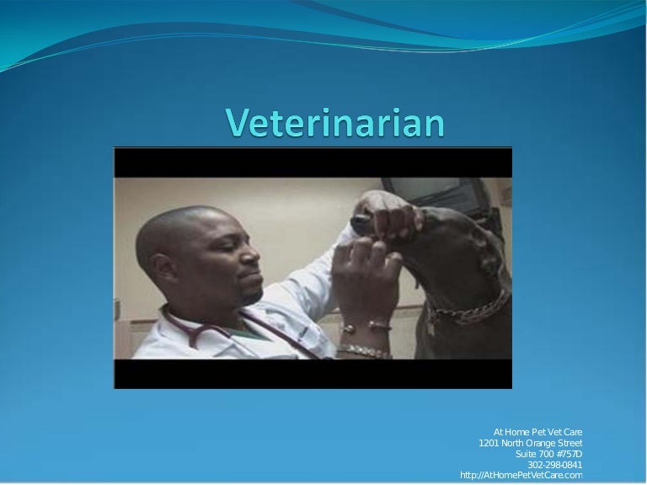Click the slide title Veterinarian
click(x=334, y=124)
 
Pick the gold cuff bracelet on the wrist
click(x=366, y=324)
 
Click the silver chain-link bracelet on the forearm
click(x=364, y=349)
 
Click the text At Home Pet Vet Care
click(x=537, y=432)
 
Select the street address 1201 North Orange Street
click(x=530, y=443)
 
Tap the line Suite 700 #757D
click(x=548, y=454)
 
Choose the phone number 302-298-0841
click(x=554, y=465)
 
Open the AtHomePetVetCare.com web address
click(x=521, y=476)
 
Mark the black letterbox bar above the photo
click(x=313, y=162)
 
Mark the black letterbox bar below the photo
click(x=313, y=374)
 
